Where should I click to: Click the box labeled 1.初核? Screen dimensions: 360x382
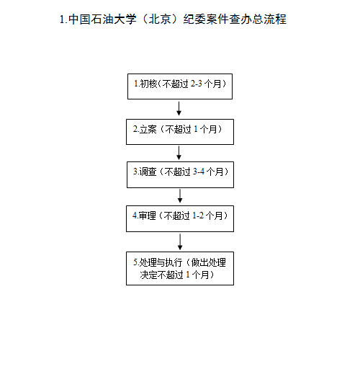(x=180, y=86)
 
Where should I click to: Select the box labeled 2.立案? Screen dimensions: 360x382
(x=180, y=132)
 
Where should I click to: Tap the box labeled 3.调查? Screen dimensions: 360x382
(x=180, y=174)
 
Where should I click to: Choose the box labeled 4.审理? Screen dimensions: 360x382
(x=180, y=218)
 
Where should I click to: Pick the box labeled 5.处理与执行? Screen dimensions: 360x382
(x=180, y=268)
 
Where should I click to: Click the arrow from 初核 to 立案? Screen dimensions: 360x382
(x=179, y=109)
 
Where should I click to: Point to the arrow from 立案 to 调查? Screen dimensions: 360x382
(x=179, y=153)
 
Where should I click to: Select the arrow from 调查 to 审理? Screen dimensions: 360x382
(x=180, y=196)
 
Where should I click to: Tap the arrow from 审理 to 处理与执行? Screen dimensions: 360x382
(x=180, y=242)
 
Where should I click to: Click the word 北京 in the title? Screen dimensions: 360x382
(x=160, y=19)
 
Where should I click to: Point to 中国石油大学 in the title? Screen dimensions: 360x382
(x=102, y=19)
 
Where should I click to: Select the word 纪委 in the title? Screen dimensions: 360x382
(x=194, y=19)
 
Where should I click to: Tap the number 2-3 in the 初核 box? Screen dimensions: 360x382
(x=196, y=84)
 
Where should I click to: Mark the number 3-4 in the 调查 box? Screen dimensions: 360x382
(x=199, y=172)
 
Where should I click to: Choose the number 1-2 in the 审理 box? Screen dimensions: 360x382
(x=198, y=216)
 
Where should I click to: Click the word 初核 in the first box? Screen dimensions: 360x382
(x=148, y=84)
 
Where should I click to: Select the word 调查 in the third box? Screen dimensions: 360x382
(x=148, y=172)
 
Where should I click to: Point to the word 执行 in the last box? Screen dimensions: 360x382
(x=174, y=262)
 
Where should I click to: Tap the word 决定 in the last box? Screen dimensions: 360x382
(x=149, y=275)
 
